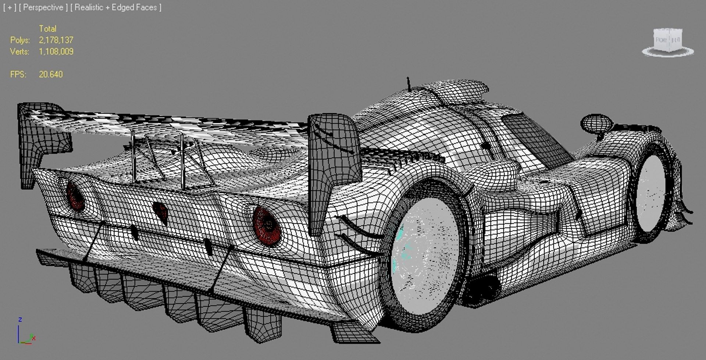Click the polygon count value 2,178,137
56,40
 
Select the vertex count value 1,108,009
56,51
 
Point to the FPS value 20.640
51,74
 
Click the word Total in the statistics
47,29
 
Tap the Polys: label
20,40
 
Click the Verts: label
19,51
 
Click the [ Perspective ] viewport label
43,7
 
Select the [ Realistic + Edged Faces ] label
116,7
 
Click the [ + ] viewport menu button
9,7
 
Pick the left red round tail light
75,196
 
